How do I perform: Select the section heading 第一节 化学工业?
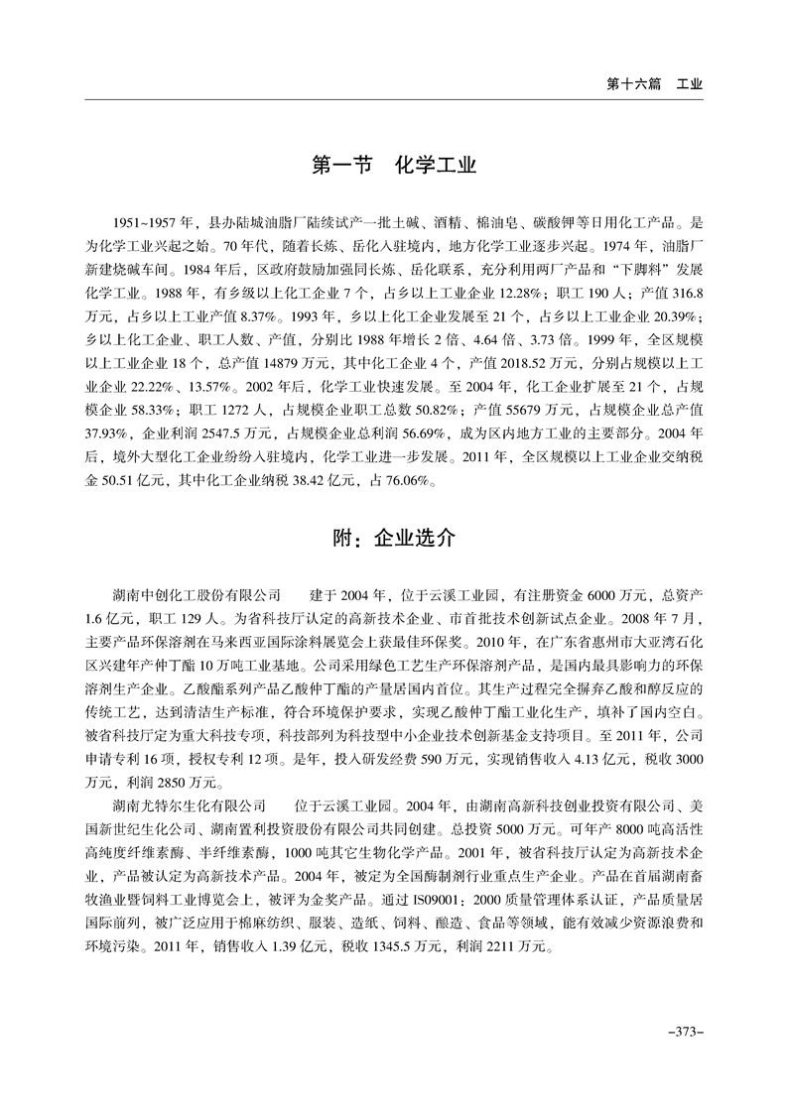click(x=394, y=165)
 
